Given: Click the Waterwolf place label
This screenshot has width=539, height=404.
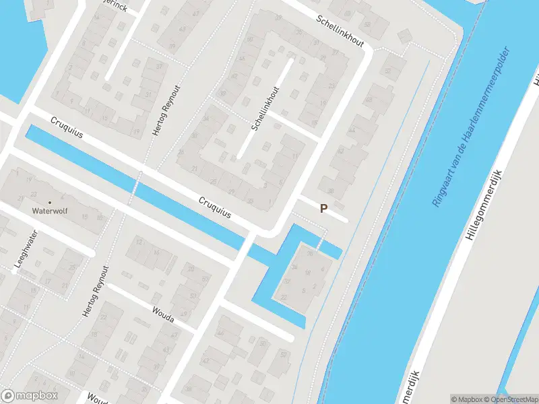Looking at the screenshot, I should click(x=50, y=211).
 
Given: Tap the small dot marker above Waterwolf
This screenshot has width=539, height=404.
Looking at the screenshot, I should click(x=49, y=201).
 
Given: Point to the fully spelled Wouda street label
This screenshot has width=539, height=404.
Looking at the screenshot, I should click(x=163, y=314).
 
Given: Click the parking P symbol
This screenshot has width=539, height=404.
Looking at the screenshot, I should click(x=323, y=209).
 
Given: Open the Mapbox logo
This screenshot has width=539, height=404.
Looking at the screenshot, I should click(x=30, y=395).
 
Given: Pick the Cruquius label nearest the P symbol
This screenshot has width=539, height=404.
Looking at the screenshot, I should click(x=215, y=207).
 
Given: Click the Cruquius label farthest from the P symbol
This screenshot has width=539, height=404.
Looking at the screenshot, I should click(x=67, y=127).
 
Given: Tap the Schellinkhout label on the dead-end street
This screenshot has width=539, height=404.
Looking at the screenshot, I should click(x=265, y=108).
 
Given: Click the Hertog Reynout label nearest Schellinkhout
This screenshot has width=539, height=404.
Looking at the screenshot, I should click(x=166, y=110).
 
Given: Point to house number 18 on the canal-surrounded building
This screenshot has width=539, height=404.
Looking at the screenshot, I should click(x=308, y=273).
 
